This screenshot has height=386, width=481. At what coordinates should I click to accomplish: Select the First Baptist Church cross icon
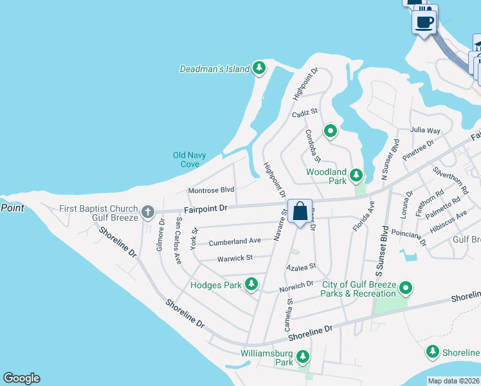pos(147,211)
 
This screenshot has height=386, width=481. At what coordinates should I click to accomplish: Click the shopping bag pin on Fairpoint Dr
pos(300,211)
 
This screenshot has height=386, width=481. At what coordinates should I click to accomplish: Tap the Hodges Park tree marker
pos(251,284)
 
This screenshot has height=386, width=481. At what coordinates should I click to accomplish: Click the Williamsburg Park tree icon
pos(302,356)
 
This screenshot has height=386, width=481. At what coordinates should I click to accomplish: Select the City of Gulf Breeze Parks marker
pos(405,288)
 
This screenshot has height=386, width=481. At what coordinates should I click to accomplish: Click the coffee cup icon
pos(424,23)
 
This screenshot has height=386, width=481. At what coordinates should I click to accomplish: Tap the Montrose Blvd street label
pos(211,190)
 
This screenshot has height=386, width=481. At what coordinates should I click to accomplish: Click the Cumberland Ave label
pos(235,242)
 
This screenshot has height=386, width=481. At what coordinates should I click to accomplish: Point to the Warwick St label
pos(235,257)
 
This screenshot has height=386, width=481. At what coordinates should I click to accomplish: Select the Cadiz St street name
pos(305,112)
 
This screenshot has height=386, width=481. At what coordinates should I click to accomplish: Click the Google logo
pos(21,378)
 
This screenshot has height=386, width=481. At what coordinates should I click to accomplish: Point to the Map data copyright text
pos(453,381)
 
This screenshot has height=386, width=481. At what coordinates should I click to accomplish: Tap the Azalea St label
pos(302,266)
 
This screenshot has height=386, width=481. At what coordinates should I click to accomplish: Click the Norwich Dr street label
pos(296,286)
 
